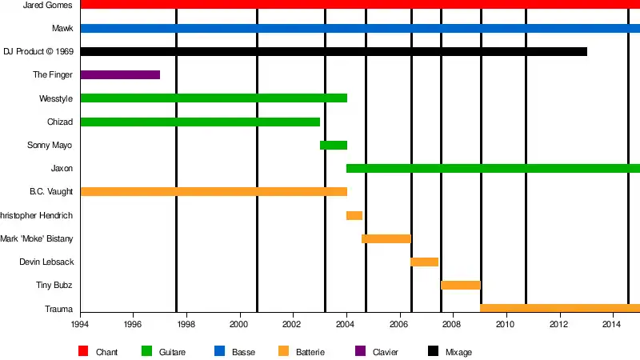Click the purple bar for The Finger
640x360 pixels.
pyautogui.click(x=120, y=75)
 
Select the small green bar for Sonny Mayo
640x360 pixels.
pyautogui.click(x=334, y=146)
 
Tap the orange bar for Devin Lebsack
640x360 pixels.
pyautogui.click(x=424, y=262)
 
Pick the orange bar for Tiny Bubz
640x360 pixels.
pyautogui.click(x=460, y=286)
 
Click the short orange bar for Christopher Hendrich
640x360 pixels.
pyautogui.click(x=354, y=216)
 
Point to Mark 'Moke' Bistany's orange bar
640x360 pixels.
pyautogui.click(x=386, y=239)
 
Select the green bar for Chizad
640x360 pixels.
pyautogui.click(x=200, y=122)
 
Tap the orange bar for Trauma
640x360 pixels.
pyautogui.click(x=559, y=309)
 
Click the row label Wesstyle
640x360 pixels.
pyautogui.click(x=56, y=98)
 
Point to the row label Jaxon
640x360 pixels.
pyautogui.click(x=62, y=169)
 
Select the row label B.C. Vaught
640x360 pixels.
pyautogui.click(x=51, y=192)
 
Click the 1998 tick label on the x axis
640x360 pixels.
pyautogui.click(x=186, y=324)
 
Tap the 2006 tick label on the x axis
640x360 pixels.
pyautogui.click(x=398, y=324)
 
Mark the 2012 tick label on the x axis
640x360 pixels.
pyautogui.click(x=558, y=324)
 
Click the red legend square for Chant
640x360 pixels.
pyautogui.click(x=83, y=351)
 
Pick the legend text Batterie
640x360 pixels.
pyautogui.click(x=310, y=352)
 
